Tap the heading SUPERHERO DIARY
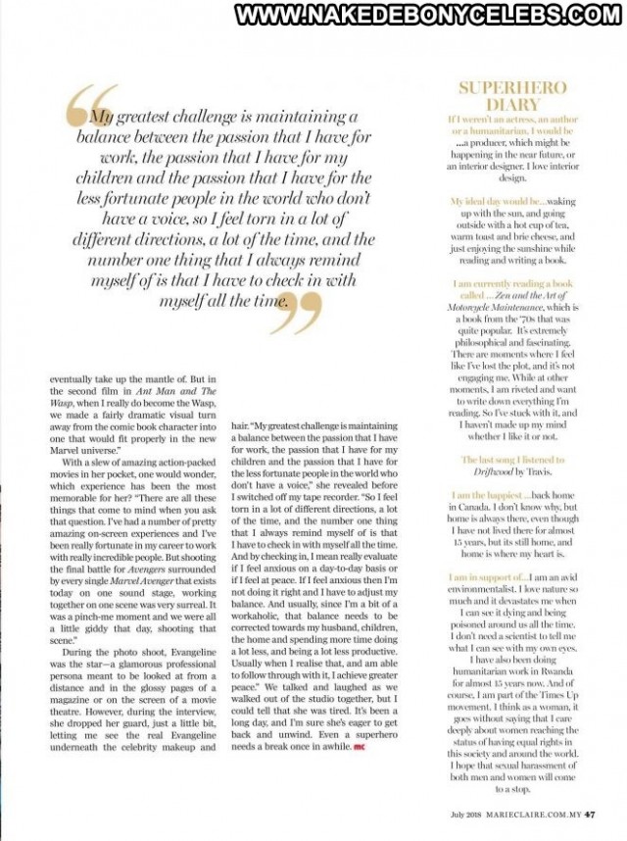click(512, 96)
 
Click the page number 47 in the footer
click(590, 812)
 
